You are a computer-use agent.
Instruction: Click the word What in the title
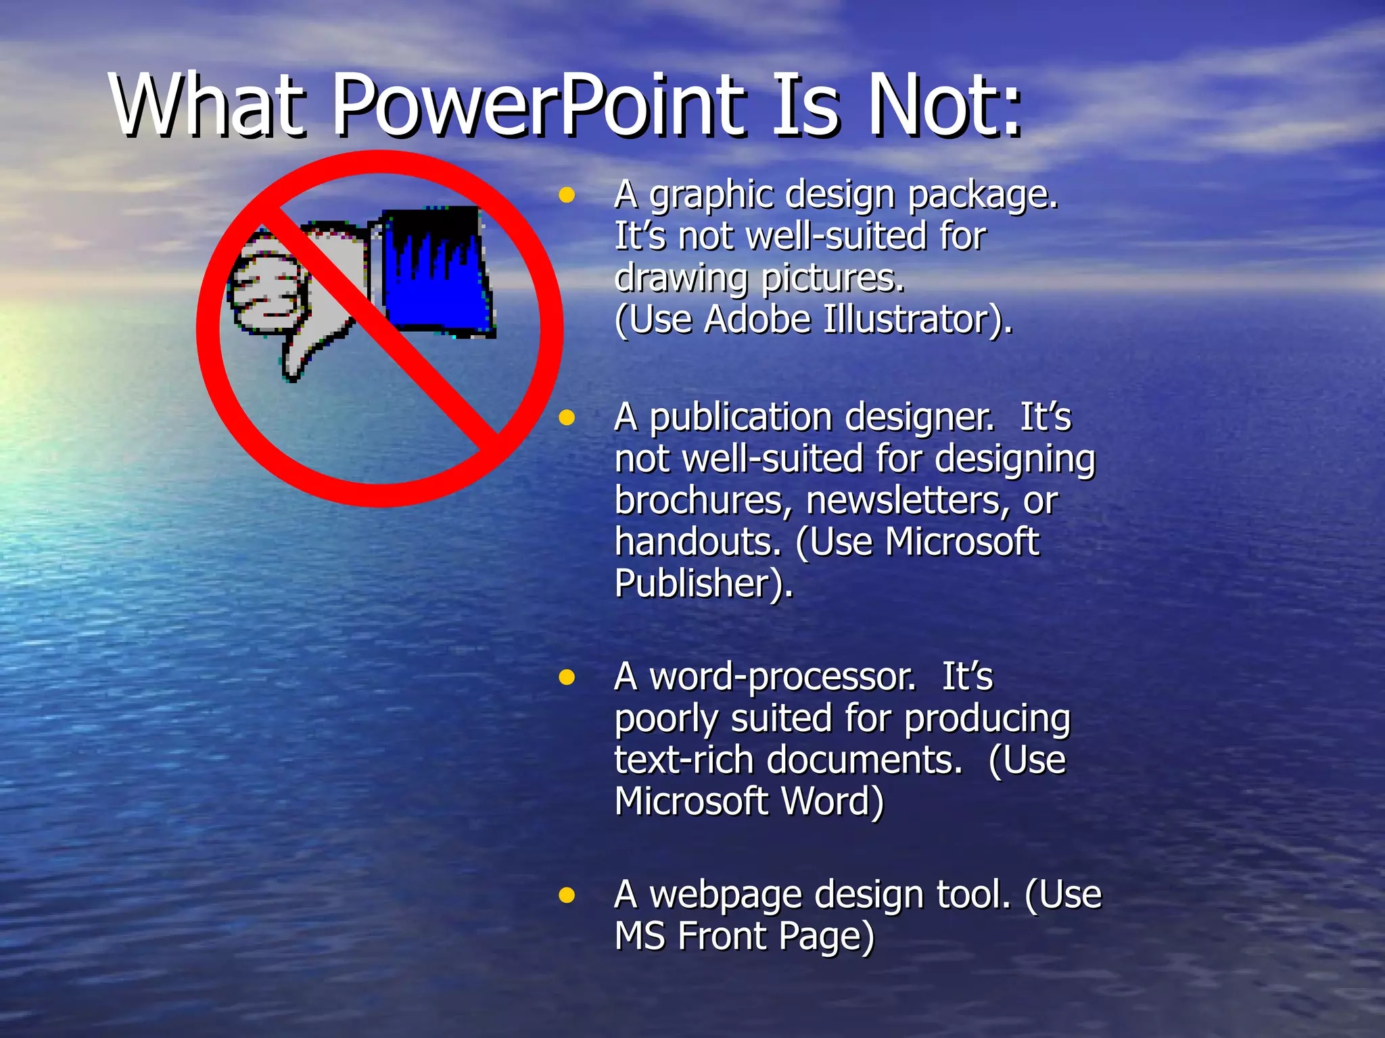point(207,107)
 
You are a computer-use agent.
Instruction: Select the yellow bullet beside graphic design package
point(567,196)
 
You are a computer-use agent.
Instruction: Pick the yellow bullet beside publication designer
point(567,418)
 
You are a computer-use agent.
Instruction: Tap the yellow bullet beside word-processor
point(567,677)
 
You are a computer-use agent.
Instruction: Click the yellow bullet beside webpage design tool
point(567,896)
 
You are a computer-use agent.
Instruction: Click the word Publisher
point(702,583)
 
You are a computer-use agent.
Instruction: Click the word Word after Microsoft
point(832,802)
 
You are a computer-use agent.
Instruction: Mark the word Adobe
point(757,320)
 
